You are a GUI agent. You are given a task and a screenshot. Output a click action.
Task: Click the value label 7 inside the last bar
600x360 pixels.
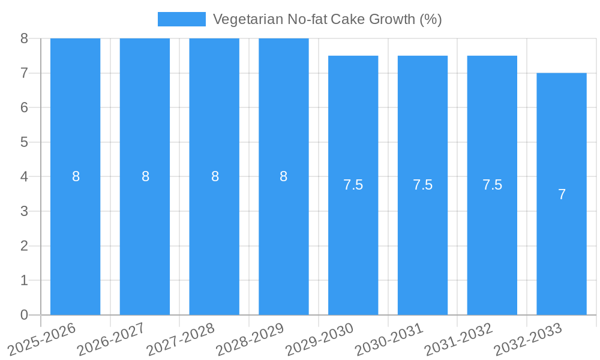(562, 194)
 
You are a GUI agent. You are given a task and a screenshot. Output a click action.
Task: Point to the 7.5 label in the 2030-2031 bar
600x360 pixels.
(422, 185)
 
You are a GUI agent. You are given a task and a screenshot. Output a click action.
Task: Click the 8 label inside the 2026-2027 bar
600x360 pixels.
(145, 176)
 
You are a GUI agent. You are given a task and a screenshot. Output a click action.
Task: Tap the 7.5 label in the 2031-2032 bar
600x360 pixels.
(492, 185)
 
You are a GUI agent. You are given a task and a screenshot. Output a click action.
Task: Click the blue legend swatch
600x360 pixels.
(181, 19)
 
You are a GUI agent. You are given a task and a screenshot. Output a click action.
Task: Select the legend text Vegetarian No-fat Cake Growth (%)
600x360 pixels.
(327, 19)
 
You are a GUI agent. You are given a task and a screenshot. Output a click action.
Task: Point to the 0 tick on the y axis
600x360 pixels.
(24, 315)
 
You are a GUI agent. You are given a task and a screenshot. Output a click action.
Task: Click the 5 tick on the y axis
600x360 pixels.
(24, 142)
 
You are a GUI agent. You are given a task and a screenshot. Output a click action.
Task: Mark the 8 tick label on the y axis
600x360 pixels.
(24, 38)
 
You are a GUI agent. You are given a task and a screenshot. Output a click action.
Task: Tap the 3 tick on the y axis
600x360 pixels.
(24, 211)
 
